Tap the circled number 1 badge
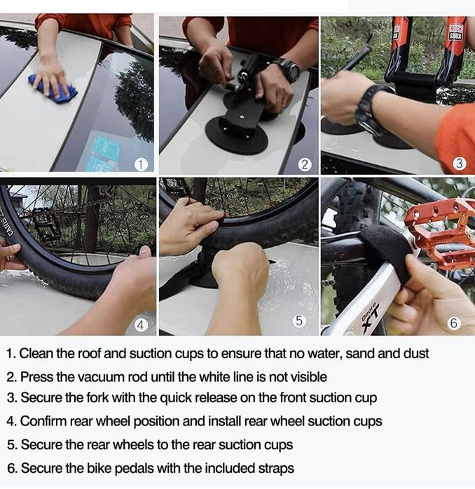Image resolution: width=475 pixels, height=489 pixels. coord(141,164)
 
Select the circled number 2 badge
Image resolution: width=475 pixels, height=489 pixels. coord(305,164)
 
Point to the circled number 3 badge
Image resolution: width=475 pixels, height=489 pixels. coord(460,164)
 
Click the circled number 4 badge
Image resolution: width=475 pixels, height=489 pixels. coord(141,325)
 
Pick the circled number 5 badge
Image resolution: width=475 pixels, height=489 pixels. coord(299,320)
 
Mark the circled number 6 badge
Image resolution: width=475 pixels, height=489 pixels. coord(454,323)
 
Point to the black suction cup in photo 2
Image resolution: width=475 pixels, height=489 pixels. coord(236,136)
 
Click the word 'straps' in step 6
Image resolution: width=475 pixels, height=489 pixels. coord(276,469)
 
